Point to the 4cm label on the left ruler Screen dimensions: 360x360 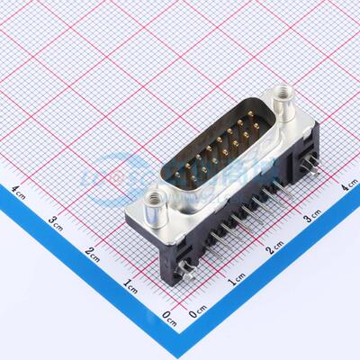pyautogui.click(x=19, y=190)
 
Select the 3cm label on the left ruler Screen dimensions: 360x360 pyautogui.click(x=56, y=220)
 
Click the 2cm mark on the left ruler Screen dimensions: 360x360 pyautogui.click(x=93, y=252)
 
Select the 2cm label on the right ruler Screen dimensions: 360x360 pyautogui.click(x=274, y=249)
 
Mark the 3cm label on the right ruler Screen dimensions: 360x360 pyautogui.click(x=312, y=218)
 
